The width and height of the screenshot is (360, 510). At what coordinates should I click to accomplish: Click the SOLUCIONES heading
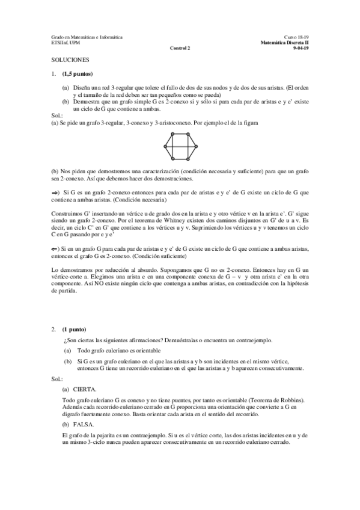[x=70, y=60]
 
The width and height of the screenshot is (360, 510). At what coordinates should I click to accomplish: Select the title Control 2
[x=180, y=48]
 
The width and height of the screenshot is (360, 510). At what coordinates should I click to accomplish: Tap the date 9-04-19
[x=301, y=48]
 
